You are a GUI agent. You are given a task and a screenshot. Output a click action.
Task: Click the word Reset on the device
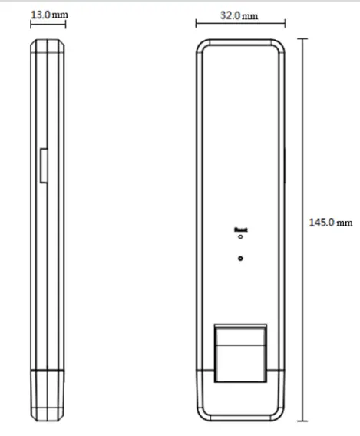coord(241,229)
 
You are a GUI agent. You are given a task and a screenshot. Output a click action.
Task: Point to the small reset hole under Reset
coord(241,237)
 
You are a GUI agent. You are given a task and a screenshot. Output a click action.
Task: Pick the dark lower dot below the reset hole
coord(241,259)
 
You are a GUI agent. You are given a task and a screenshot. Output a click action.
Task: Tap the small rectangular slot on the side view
coord(42,165)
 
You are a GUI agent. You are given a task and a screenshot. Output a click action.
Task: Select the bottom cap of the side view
coord(48,395)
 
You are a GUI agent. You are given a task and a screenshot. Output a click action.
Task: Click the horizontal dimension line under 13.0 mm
coord(48,24)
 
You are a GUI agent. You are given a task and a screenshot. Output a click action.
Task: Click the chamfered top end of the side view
coord(48,46)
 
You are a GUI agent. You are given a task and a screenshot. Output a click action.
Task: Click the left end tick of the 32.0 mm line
coord(195,25)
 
